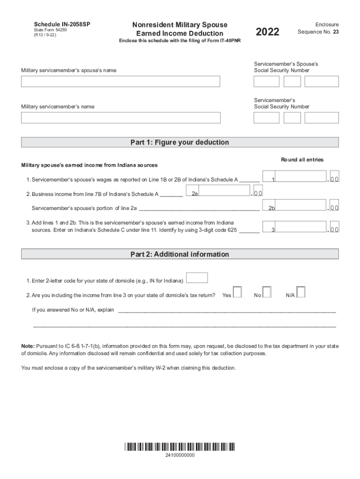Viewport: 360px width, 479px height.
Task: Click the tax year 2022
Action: (268, 32)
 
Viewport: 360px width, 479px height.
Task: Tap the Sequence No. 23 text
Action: (318, 32)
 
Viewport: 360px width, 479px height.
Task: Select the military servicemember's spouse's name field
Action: (121, 81)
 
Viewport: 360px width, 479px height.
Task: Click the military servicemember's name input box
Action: (121, 117)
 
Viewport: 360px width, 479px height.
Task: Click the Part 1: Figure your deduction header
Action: (180, 142)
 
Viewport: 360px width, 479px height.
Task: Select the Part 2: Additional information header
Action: (180, 254)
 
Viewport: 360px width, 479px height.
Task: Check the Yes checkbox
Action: (238, 292)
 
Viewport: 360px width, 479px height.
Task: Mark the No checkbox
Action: (267, 292)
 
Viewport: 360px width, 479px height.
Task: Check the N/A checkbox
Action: (301, 292)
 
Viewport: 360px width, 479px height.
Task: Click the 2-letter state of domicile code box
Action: (197, 278)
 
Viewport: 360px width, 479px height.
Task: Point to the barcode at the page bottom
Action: (180, 446)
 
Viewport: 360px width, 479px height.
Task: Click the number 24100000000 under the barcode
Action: (180, 456)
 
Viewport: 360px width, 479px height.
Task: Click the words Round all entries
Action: (302, 160)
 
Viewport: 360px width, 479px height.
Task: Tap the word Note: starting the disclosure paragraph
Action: (28, 346)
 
